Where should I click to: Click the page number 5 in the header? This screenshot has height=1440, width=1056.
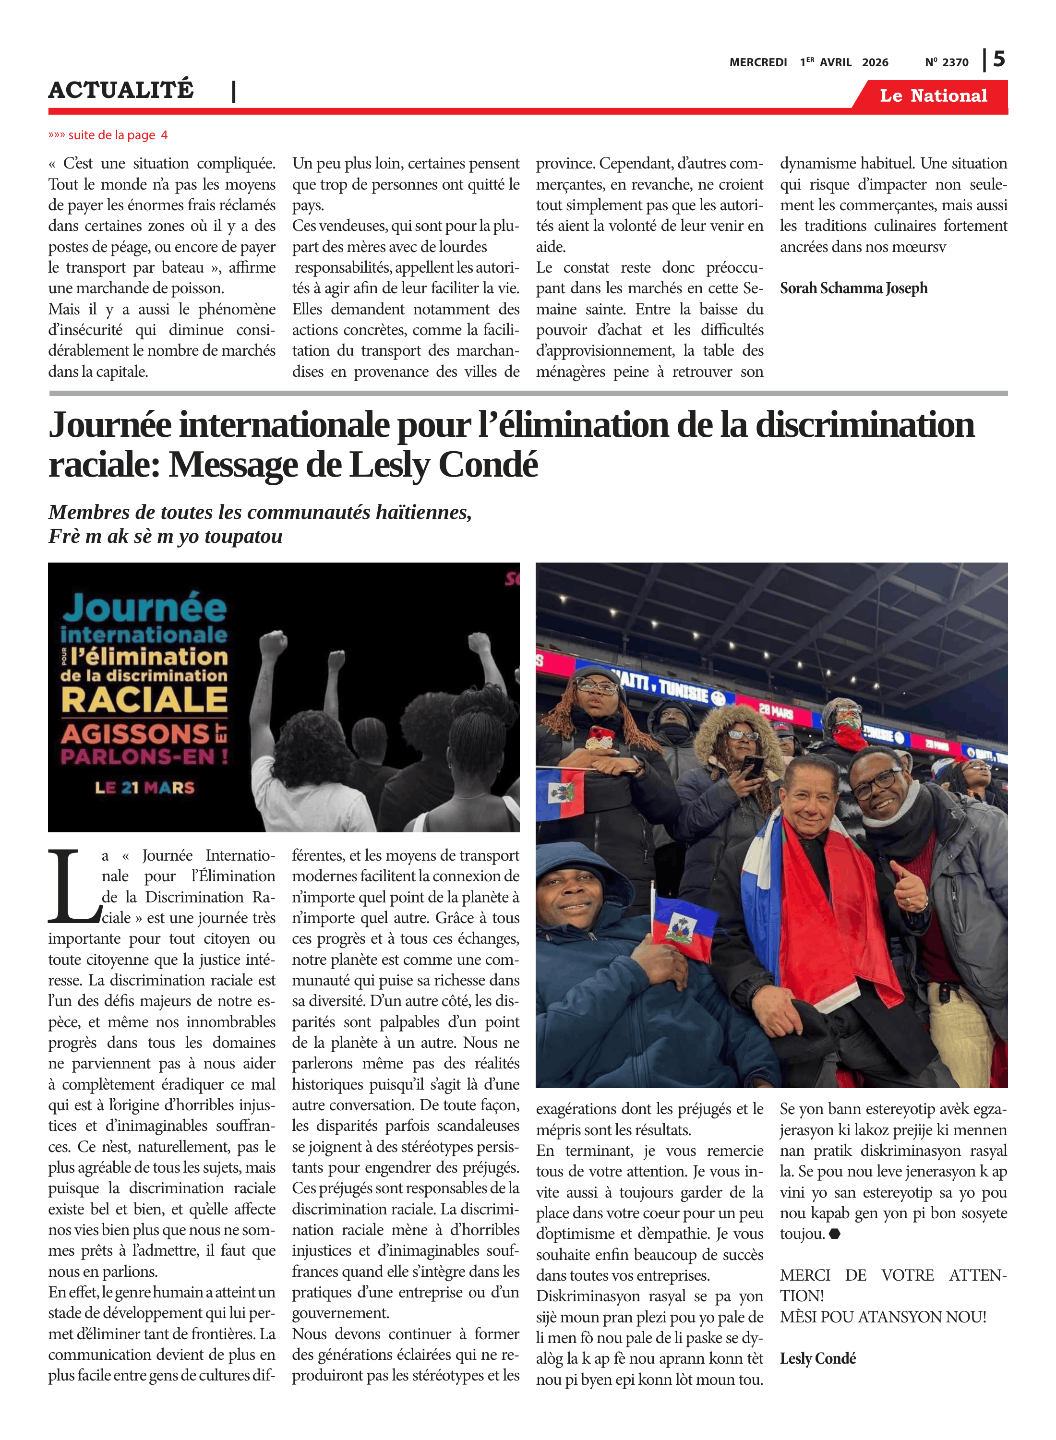(998, 59)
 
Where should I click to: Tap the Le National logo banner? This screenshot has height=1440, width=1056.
(933, 96)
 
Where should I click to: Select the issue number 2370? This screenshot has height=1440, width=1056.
(955, 62)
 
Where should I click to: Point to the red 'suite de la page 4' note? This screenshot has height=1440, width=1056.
(108, 135)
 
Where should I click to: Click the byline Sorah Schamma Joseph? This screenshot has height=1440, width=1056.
(853, 288)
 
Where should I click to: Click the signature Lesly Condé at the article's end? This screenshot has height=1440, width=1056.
(817, 1358)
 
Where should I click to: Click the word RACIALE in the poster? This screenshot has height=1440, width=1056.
(144, 700)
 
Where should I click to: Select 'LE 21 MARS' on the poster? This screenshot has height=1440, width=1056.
(144, 787)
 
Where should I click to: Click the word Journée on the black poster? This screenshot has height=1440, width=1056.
(144, 607)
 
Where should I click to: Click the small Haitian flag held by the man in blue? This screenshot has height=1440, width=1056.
(684, 927)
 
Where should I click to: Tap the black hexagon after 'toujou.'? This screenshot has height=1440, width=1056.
(834, 1234)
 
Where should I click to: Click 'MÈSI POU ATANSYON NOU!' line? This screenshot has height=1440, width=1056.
(883, 1317)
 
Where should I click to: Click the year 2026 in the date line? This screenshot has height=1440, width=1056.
(875, 62)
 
